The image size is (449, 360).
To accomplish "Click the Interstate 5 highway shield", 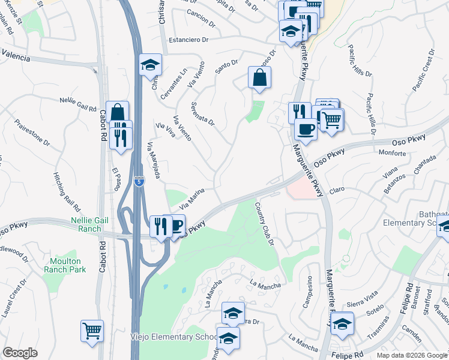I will pyautogui.click(x=139, y=181).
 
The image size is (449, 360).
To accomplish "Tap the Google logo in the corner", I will pyautogui.click(x=20, y=353).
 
